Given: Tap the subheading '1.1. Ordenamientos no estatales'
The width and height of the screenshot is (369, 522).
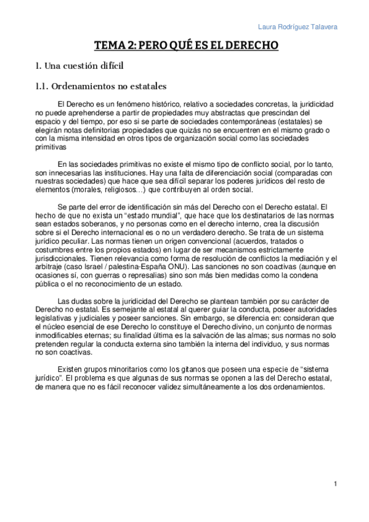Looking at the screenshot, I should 101,86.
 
